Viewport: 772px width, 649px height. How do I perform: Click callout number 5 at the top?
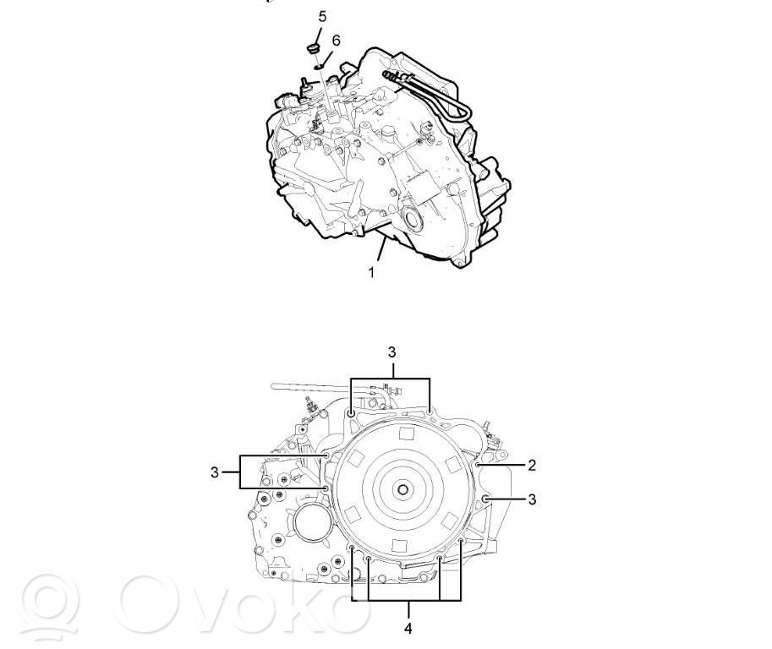pyautogui.click(x=322, y=17)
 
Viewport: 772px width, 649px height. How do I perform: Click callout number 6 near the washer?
pyautogui.click(x=336, y=41)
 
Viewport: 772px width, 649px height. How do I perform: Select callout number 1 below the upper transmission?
pyautogui.click(x=372, y=272)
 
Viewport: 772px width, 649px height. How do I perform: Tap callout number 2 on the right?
pyautogui.click(x=532, y=465)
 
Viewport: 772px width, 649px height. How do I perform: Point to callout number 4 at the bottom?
pyautogui.click(x=408, y=629)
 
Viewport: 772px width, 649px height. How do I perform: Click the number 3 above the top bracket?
pyautogui.click(x=391, y=352)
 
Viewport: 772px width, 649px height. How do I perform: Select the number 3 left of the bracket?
pyautogui.click(x=214, y=472)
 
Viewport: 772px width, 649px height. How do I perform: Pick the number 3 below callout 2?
pyautogui.click(x=532, y=499)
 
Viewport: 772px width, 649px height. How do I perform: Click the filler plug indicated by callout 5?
pyautogui.click(x=312, y=48)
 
